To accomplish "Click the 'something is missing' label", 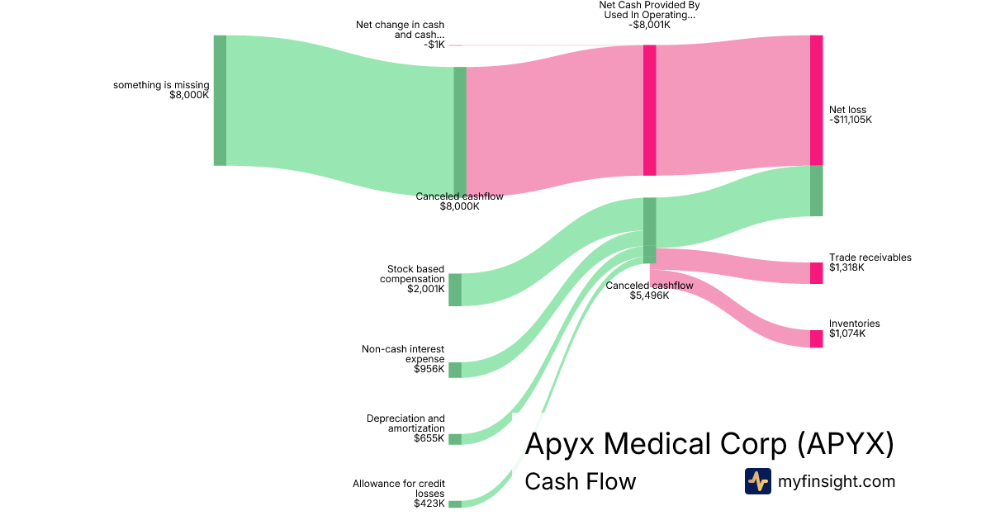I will tap(161, 85).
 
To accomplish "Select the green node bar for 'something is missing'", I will tap(220, 100).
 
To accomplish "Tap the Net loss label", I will tap(847, 110).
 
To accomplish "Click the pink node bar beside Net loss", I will tap(816, 100).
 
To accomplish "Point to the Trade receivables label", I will tap(870, 258).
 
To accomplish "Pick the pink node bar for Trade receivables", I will tap(816, 272).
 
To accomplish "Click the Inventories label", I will tap(854, 324).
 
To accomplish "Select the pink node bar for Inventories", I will tap(816, 338).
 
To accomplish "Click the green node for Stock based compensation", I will tap(455, 290).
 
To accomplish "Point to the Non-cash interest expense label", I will tap(403, 354).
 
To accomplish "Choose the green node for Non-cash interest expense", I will tap(455, 370).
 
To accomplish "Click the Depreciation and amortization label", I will tap(405, 423).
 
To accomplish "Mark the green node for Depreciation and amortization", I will tap(455, 439).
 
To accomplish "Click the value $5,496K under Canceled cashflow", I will tap(649, 295).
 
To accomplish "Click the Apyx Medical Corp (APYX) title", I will tap(709, 445).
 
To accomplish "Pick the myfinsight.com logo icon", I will tap(757, 481).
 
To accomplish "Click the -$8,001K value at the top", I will tap(649, 25).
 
